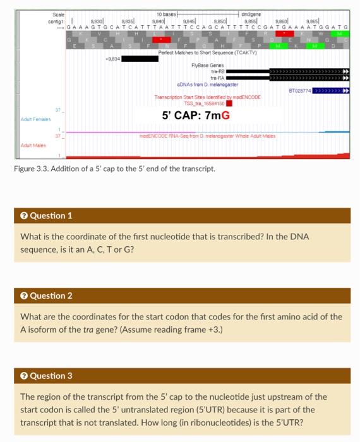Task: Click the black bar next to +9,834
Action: click(x=140, y=59)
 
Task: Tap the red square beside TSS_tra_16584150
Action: click(x=229, y=103)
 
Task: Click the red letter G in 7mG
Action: click(x=225, y=116)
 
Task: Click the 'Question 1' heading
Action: click(x=51, y=215)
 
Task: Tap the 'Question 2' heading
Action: click(x=51, y=296)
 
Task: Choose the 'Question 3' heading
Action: click(x=51, y=376)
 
